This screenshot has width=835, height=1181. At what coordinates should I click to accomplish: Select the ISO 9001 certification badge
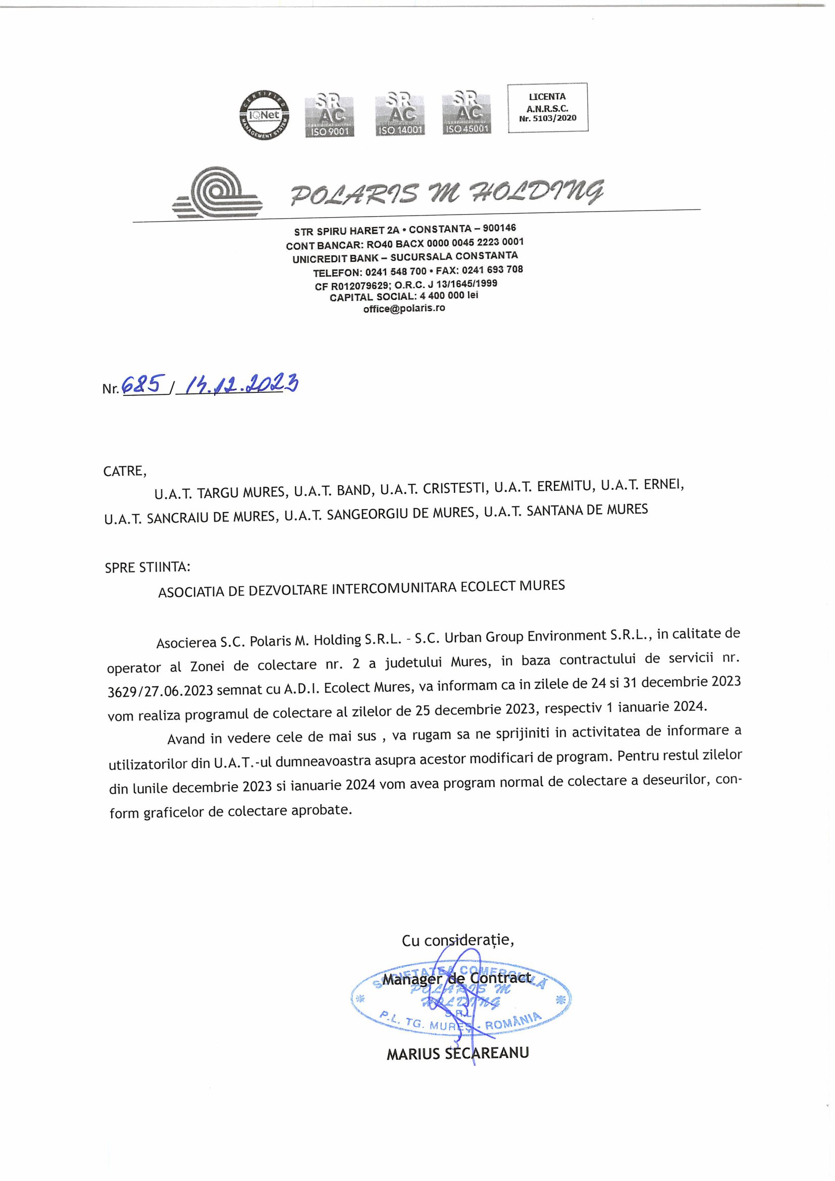329,115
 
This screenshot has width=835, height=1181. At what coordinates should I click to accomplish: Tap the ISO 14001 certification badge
400,114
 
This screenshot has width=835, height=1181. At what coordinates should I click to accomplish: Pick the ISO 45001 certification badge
467,113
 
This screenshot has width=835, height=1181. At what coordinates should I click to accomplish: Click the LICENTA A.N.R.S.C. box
547,108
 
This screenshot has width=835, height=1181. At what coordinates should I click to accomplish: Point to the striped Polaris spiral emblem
217,193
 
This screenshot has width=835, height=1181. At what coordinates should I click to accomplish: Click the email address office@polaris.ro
404,309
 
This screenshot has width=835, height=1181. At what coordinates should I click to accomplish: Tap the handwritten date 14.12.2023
239,383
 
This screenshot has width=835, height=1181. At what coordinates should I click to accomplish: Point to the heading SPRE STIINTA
147,568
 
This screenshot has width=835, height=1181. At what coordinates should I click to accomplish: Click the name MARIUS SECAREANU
457,1054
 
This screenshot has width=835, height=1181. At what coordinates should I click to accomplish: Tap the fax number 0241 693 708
492,270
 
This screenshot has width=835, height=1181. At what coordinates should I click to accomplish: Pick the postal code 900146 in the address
499,228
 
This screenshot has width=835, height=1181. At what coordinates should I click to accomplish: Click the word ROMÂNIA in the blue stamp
513,1021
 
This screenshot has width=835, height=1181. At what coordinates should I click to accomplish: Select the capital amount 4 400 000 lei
449,296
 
